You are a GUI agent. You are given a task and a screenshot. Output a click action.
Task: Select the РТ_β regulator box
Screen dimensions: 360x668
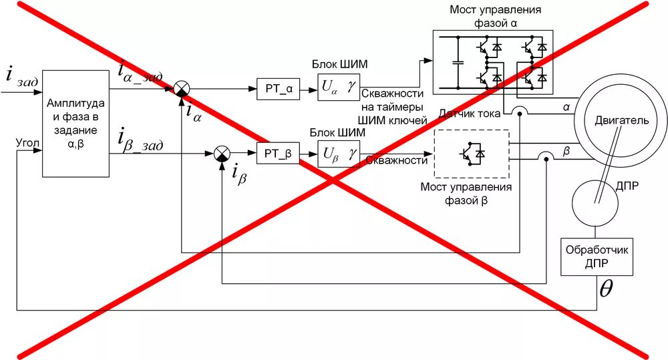pyautogui.click(x=278, y=154)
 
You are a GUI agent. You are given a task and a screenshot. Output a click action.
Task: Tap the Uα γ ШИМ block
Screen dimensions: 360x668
pyautogui.click(x=338, y=87)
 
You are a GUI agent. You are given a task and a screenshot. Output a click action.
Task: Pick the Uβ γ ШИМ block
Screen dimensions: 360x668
pyautogui.click(x=338, y=154)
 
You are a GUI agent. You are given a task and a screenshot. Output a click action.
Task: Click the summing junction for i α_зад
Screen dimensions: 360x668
pyautogui.click(x=181, y=87)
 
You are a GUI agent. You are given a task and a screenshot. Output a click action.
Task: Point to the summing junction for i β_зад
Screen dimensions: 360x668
pyautogui.click(x=221, y=154)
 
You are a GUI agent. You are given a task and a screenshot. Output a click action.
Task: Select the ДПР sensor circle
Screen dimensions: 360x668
pyautogui.click(x=597, y=202)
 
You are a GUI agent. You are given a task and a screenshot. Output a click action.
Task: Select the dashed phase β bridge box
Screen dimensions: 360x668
pyautogui.click(x=471, y=154)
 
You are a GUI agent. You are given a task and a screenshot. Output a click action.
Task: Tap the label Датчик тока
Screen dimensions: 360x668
pyautogui.click(x=469, y=114)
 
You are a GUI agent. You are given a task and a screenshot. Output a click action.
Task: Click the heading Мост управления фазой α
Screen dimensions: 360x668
pyautogui.click(x=495, y=17)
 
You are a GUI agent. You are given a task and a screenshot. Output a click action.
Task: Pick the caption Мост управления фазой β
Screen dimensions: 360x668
pyautogui.click(x=466, y=193)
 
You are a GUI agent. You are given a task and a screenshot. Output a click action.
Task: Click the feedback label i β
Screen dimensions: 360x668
pyautogui.click(x=239, y=174)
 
